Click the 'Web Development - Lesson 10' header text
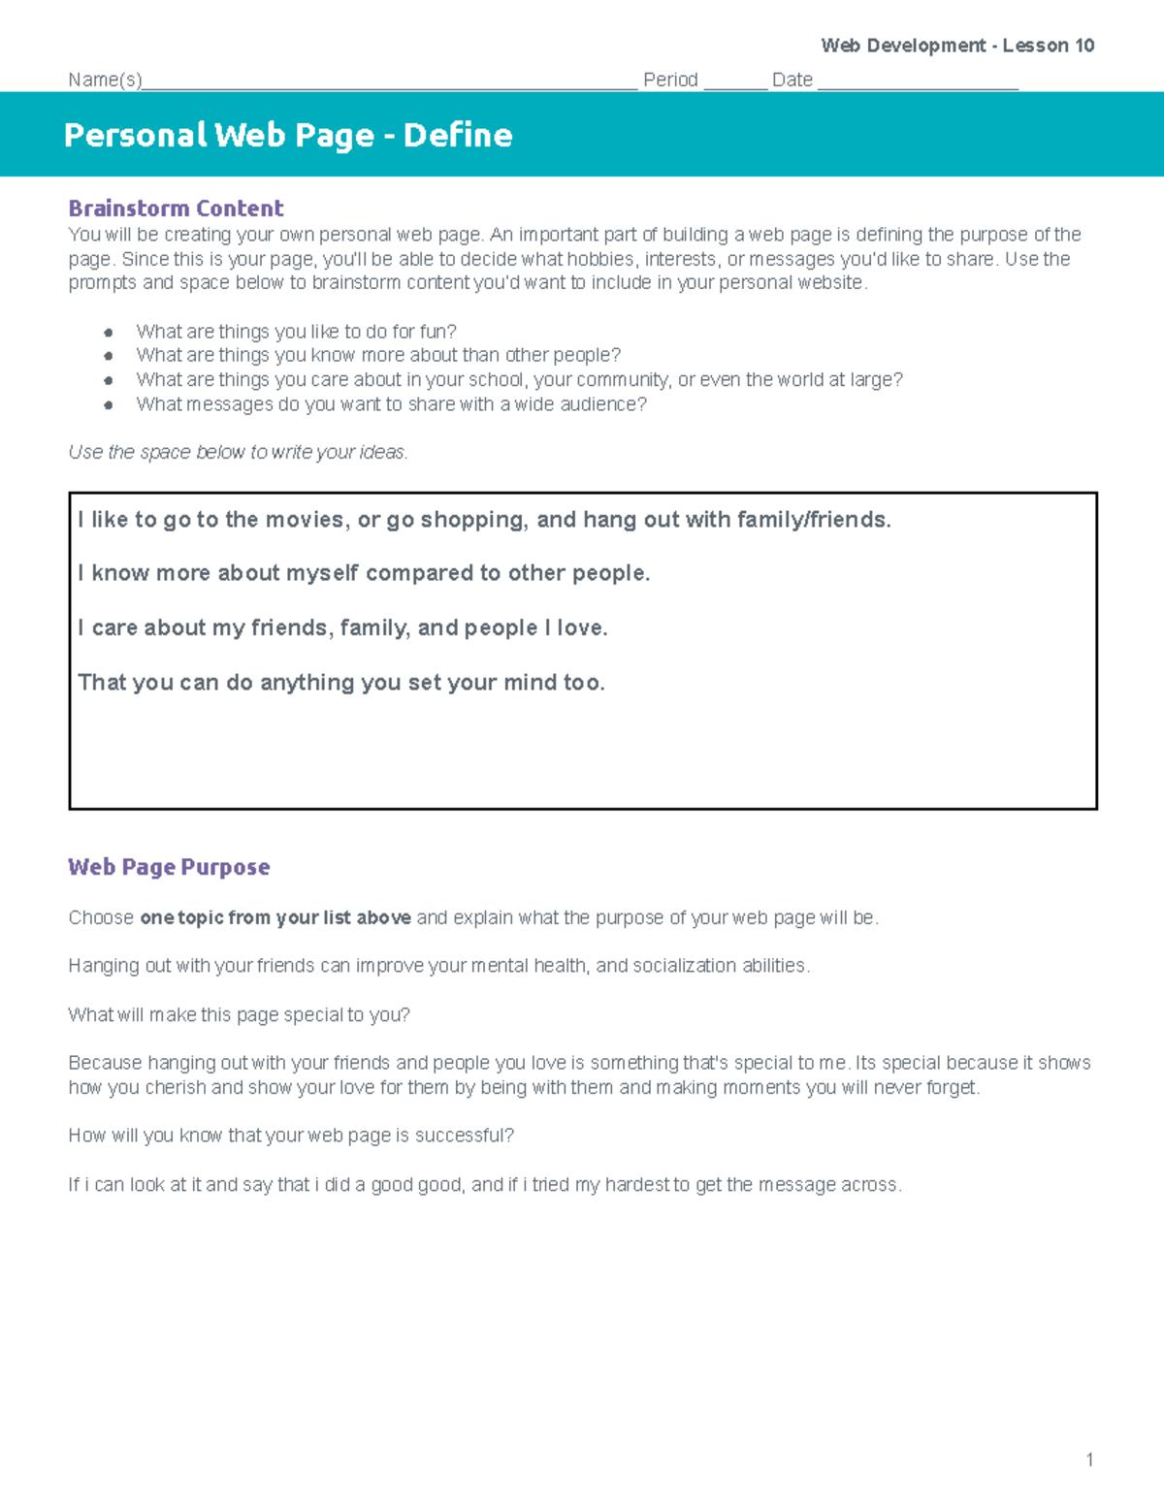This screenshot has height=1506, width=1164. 957,46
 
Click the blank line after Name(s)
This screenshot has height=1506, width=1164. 388,83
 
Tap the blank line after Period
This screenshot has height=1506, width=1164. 734,83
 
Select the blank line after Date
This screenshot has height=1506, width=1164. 917,83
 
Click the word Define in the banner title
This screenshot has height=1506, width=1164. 457,135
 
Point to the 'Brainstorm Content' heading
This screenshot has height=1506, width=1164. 176,208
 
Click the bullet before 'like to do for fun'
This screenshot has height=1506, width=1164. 109,333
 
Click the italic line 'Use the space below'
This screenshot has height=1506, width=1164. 238,453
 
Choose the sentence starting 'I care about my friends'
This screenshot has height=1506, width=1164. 342,628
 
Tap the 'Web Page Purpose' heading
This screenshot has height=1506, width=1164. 169,867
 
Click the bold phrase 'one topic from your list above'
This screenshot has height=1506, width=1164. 275,918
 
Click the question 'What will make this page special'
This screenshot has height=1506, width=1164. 239,1015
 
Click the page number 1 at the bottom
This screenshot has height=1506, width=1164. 1089,1459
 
